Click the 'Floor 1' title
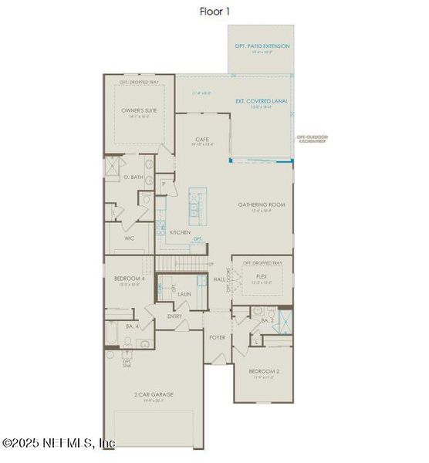[214, 12]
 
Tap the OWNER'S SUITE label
[139, 110]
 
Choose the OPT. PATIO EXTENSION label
[262, 46]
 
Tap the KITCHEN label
[180, 232]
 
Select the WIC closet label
[130, 238]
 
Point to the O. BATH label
[133, 177]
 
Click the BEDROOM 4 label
[130, 279]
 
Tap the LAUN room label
[184, 294]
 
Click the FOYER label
[217, 337]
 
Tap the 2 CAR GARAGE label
[154, 394]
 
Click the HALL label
[219, 279]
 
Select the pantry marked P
[164, 185]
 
